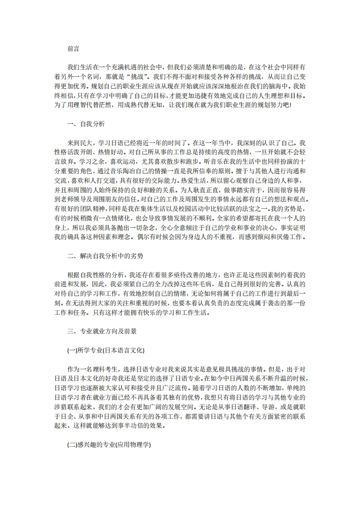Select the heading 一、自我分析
pyautogui.click(x=86, y=124)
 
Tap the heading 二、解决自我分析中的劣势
pyautogui.click(x=105, y=256)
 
